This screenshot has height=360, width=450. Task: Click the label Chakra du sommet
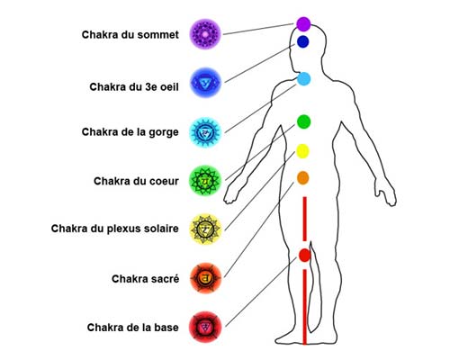[x=130, y=34]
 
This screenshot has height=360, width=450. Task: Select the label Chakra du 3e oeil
[x=134, y=87]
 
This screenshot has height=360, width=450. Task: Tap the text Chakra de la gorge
[x=130, y=132]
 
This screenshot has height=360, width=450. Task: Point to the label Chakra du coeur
[x=136, y=181]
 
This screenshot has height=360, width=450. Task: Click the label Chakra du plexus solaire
[x=115, y=229]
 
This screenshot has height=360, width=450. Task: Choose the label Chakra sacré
[x=146, y=279]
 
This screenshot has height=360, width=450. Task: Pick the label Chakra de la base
[x=133, y=328]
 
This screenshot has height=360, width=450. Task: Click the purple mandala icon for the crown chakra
[x=205, y=34]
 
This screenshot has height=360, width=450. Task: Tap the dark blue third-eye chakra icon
[x=205, y=83]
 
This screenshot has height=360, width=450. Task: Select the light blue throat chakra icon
[x=205, y=132]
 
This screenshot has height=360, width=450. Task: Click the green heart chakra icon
[x=205, y=181]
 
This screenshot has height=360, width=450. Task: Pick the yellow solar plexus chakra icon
[x=205, y=229]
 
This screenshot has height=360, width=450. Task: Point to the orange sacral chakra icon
[x=205, y=278]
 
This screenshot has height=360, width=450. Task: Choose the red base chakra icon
[x=205, y=327]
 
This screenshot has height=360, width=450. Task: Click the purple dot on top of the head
[x=303, y=24]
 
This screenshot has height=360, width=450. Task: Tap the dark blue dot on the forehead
[x=303, y=41]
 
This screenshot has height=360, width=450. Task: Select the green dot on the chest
[x=303, y=121]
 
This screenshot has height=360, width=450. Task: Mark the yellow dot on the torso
[x=302, y=151]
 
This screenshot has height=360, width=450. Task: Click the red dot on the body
[x=305, y=256]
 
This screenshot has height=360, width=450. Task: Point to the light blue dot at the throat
[x=304, y=78]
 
